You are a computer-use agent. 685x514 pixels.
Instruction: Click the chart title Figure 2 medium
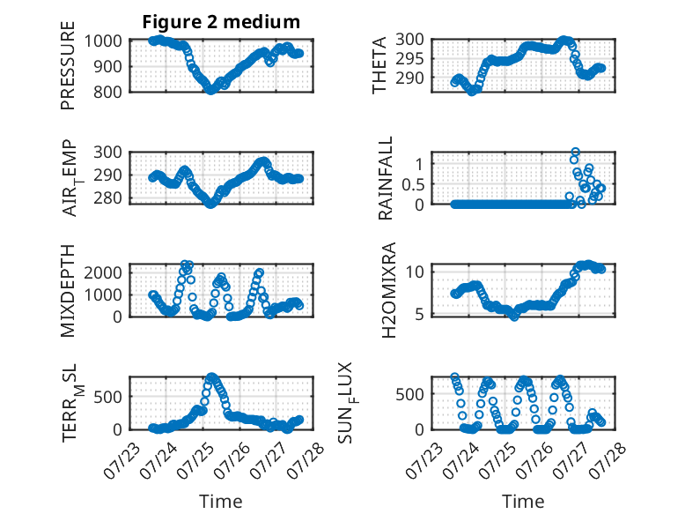[x=221, y=22]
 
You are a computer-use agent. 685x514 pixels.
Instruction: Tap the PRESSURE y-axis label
[x=68, y=65]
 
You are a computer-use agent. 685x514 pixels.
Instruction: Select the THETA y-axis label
[x=379, y=65]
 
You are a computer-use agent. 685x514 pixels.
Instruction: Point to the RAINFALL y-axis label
[x=386, y=178]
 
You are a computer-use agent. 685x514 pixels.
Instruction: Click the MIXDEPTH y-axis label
[x=68, y=291]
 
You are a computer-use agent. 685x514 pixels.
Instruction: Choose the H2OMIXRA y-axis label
[x=388, y=290]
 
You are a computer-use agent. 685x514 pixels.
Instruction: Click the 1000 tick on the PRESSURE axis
[x=103, y=41]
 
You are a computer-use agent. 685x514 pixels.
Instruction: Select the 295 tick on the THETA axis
[x=409, y=58]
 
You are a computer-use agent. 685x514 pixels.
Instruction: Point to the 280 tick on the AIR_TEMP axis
[x=107, y=198]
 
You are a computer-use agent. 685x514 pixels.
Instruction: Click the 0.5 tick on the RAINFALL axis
[x=413, y=184]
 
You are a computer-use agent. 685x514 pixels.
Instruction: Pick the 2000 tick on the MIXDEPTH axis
[x=103, y=273]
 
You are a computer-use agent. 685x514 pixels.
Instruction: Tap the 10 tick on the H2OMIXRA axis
[x=415, y=272]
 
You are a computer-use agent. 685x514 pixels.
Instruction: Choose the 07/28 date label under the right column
[x=607, y=460]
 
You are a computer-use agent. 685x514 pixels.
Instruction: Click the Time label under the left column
[x=221, y=502]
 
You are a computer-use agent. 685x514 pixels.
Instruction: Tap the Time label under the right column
[x=523, y=502]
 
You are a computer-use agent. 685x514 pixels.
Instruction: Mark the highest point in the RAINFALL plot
[x=575, y=153]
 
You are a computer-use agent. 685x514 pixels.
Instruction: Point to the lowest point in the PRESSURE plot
[x=211, y=90]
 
